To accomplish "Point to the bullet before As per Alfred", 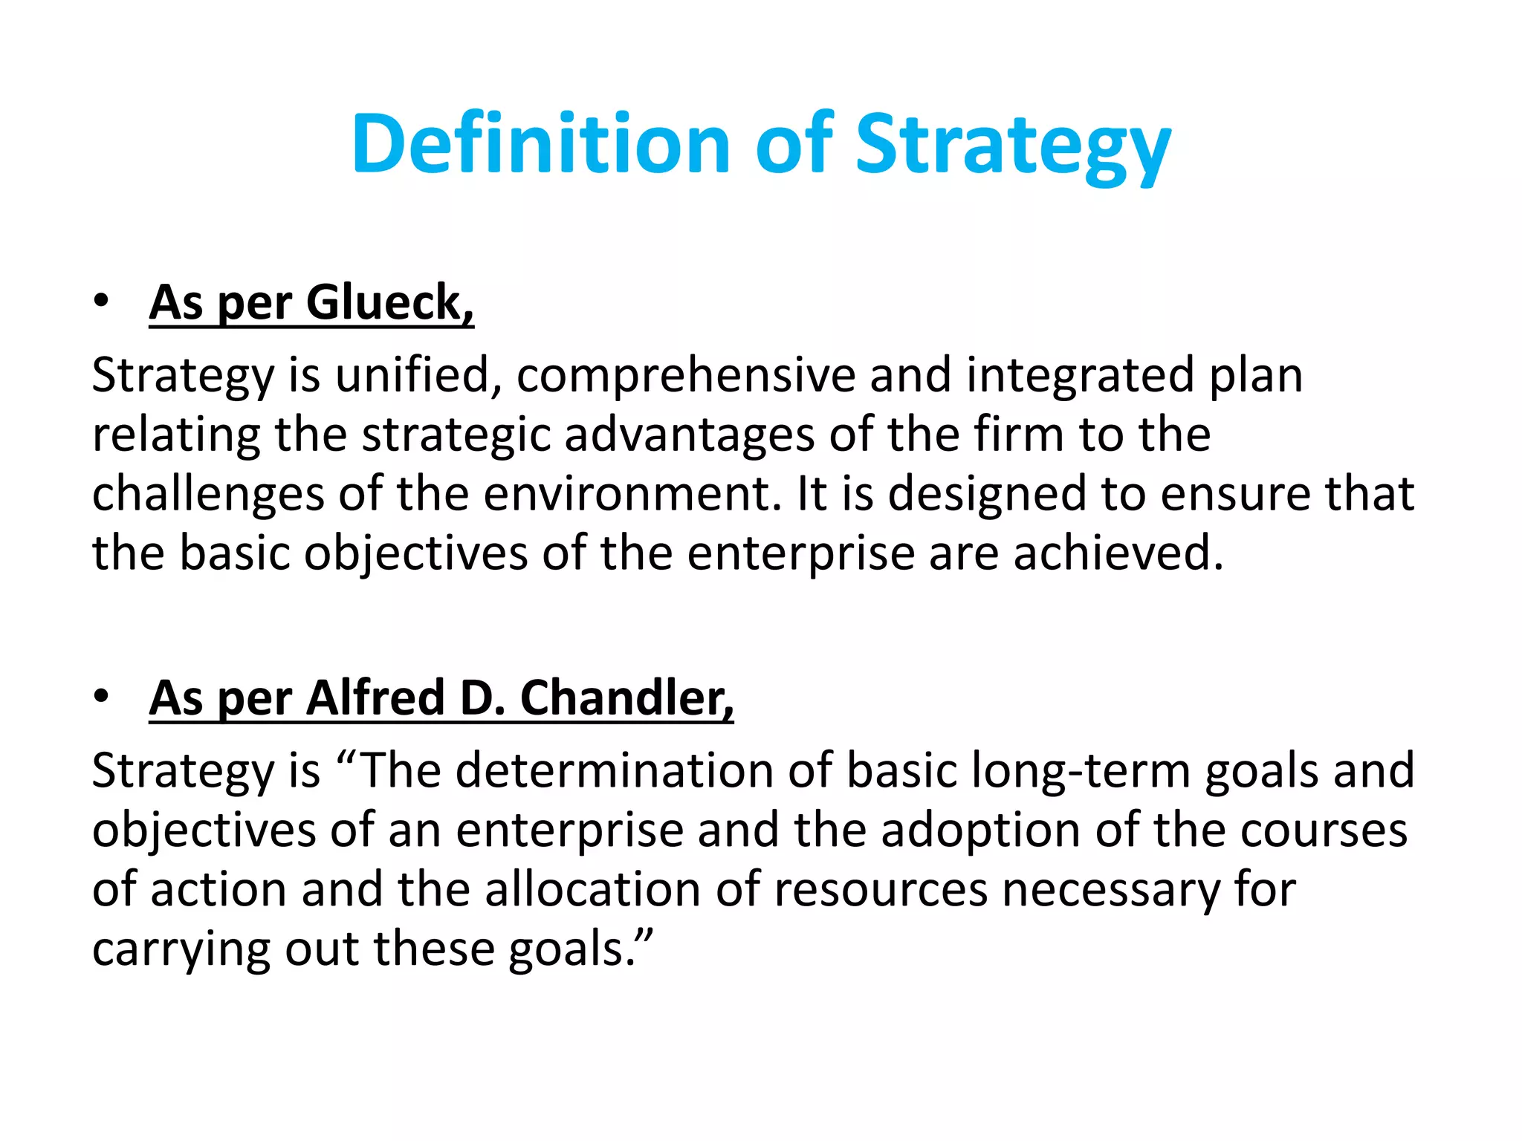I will coord(101,696).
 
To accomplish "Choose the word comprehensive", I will coord(686,375).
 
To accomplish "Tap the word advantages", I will coord(689,435).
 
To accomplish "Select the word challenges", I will coord(208,494).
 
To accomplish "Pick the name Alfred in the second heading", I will coord(375,698).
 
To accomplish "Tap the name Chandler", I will coord(626,698).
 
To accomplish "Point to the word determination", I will coord(615,770).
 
